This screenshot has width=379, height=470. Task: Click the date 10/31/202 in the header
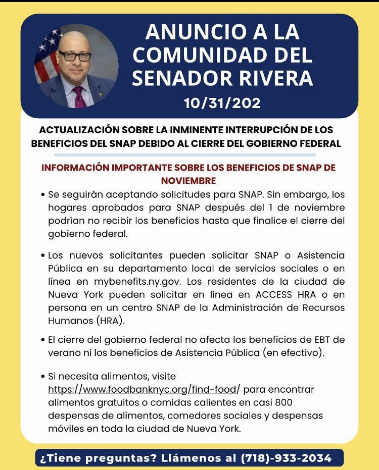point(222,103)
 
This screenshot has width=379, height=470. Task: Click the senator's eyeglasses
point(74,56)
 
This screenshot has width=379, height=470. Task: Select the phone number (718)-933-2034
point(287,458)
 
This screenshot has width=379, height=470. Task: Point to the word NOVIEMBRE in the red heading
point(188,180)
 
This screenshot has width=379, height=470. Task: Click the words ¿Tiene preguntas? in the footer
point(94,458)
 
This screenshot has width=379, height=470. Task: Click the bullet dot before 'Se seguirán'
point(42,195)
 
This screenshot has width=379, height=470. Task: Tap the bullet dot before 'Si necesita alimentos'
point(42,377)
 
